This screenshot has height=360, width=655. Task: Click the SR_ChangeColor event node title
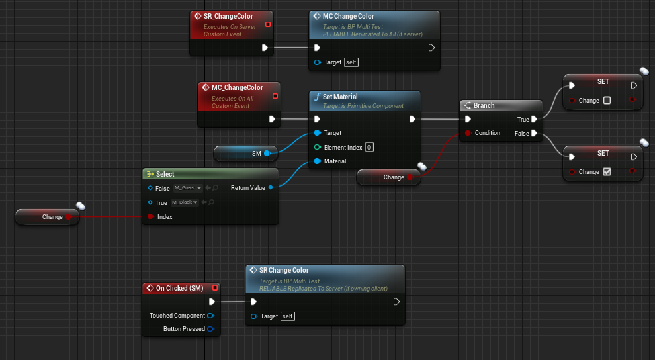pyautogui.click(x=228, y=16)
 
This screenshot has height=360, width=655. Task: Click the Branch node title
pyautogui.click(x=484, y=105)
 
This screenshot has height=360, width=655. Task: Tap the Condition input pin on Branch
pyautogui.click(x=468, y=133)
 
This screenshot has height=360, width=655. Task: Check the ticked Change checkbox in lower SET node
pyautogui.click(x=607, y=172)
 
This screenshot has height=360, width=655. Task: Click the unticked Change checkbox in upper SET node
pyautogui.click(x=607, y=101)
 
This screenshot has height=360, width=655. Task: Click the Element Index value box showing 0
pyautogui.click(x=369, y=147)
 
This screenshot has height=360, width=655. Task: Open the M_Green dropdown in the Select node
pyautogui.click(x=188, y=188)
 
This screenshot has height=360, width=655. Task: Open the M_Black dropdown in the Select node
pyautogui.click(x=185, y=202)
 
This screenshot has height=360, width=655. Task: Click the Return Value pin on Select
pyautogui.click(x=271, y=188)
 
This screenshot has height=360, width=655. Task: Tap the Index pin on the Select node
pyautogui.click(x=150, y=217)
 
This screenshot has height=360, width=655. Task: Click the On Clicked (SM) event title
pyautogui.click(x=179, y=288)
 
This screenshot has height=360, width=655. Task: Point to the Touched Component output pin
pyautogui.click(x=210, y=316)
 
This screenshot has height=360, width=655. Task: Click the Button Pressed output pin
pyautogui.click(x=210, y=329)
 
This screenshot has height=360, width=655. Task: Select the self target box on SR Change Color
pyautogui.click(x=288, y=316)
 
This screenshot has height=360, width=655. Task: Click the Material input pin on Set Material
pyautogui.click(x=318, y=161)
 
